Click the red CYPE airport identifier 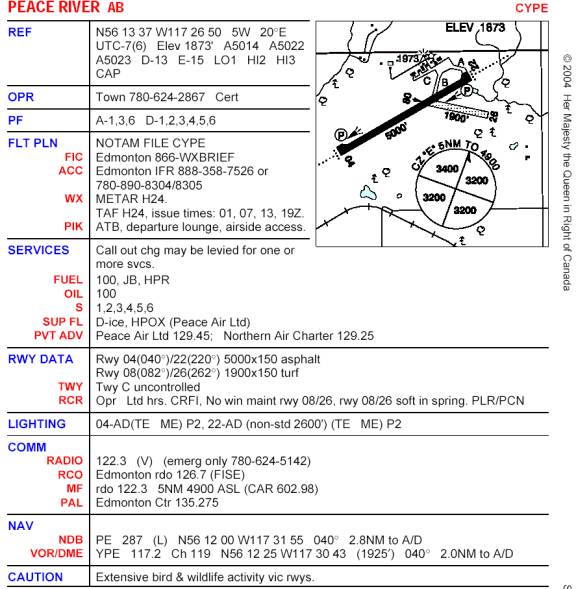531,8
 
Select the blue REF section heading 20,32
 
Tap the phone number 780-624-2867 167,97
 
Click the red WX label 73,198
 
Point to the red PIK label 73,227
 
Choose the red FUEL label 68,279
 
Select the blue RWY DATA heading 41,359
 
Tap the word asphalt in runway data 300,359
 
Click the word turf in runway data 288,373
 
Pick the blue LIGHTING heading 37,424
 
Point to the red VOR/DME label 57,553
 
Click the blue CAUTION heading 35,577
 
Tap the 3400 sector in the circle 447,169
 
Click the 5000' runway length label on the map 396,131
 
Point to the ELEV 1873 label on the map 475,27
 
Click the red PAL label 71,503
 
